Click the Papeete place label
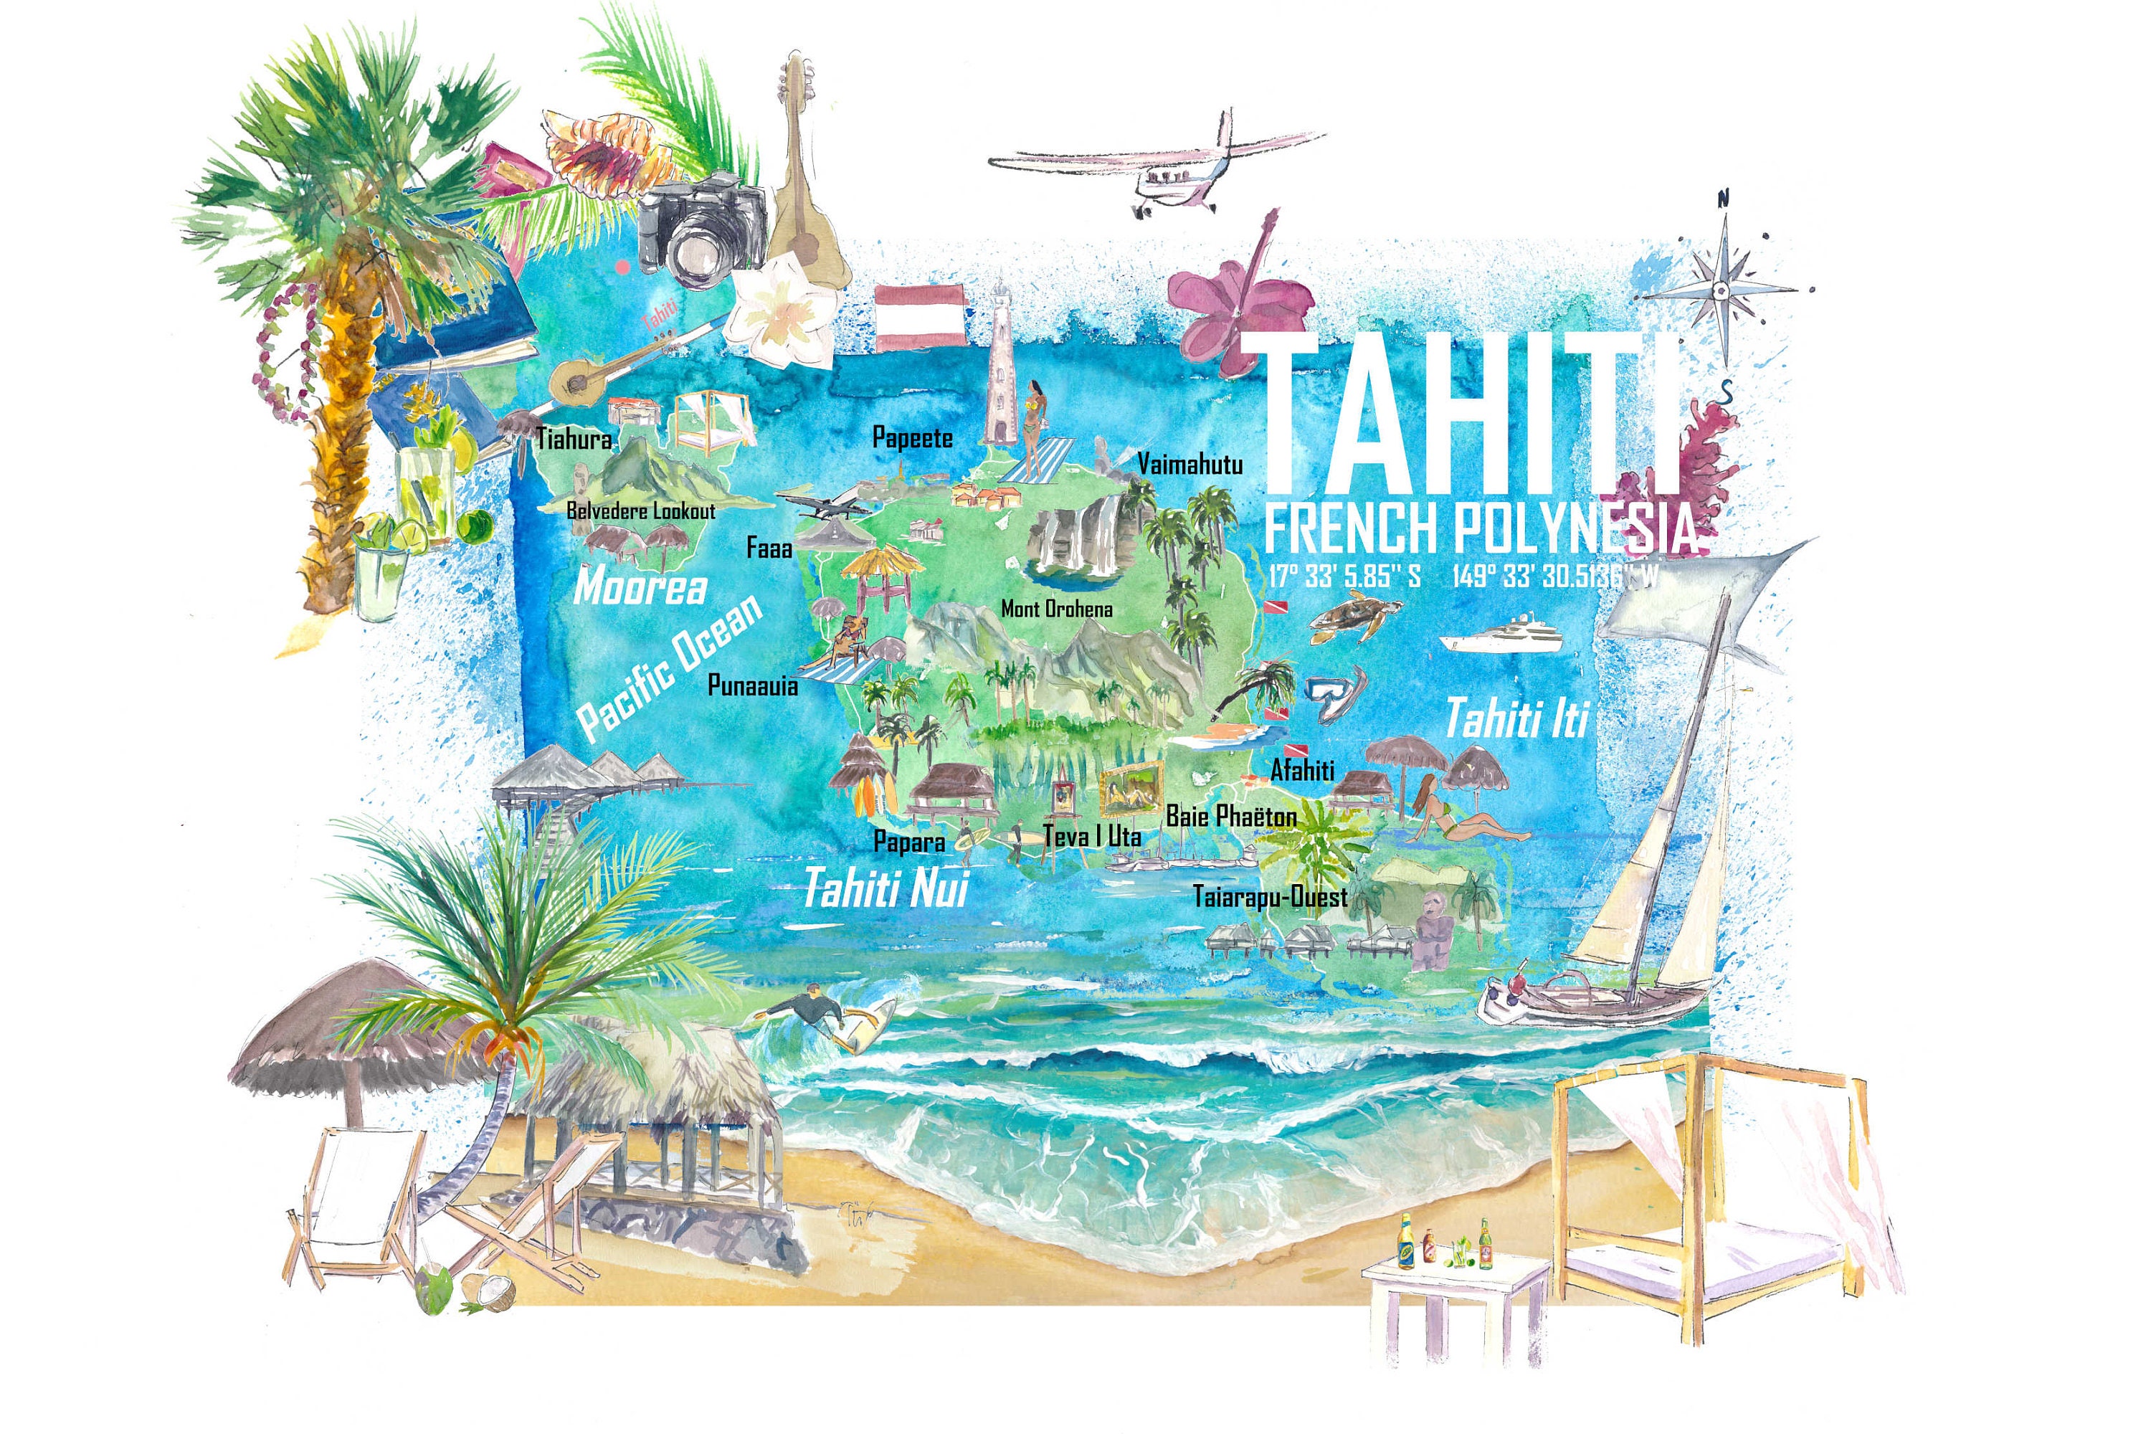pos(912,437)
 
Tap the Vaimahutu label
pos(1190,465)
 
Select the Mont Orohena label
pos(1056,608)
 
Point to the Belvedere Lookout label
pos(640,511)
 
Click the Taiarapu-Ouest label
pos(1269,896)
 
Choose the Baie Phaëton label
pos(1231,816)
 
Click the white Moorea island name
pos(640,587)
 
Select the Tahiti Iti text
pos(1517,718)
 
